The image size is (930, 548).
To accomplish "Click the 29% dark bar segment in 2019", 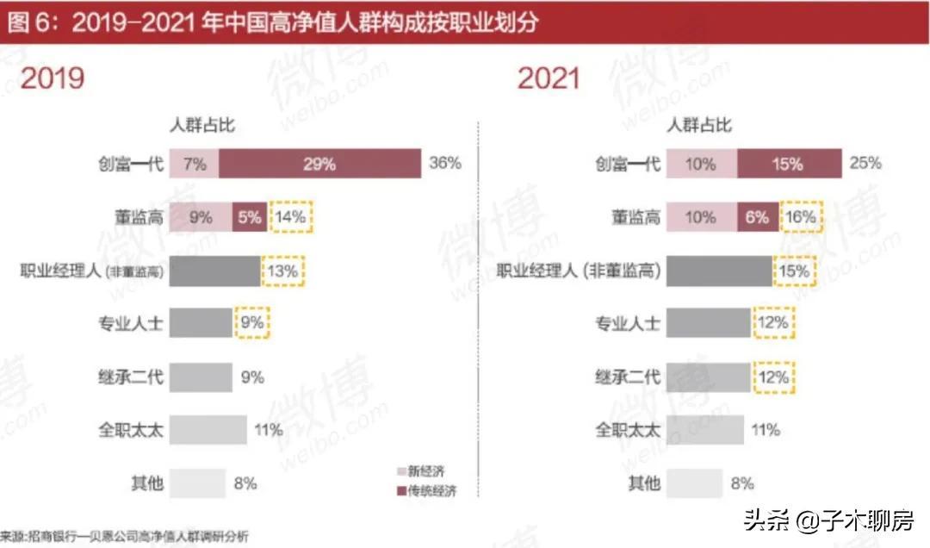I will [x=319, y=164].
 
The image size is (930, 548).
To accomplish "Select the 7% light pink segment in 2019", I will [x=194, y=164].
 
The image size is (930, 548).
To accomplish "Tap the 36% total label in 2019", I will [x=445, y=163].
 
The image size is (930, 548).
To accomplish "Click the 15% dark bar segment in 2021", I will [x=789, y=164].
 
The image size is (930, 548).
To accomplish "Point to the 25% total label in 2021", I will [x=865, y=163].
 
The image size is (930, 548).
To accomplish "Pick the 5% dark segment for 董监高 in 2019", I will [x=249, y=217].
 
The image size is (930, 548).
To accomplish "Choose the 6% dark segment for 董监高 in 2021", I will [x=757, y=217].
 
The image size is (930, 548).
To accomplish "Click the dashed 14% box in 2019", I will [x=292, y=217].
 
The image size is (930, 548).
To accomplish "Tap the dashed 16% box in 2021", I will [x=801, y=217].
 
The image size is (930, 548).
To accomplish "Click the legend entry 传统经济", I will [x=425, y=491].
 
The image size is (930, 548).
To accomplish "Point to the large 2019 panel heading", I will [x=53, y=79].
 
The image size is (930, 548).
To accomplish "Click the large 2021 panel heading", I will [x=549, y=79].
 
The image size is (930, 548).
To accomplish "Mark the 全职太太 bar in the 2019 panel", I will [x=208, y=429].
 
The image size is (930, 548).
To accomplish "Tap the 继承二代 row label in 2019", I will [x=129, y=377].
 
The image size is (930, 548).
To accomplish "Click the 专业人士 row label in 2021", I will [x=628, y=324].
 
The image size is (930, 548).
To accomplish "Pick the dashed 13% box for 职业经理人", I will [x=283, y=271].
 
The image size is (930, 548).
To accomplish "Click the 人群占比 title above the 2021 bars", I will [x=700, y=126].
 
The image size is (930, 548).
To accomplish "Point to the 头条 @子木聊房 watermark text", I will [x=827, y=520].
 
